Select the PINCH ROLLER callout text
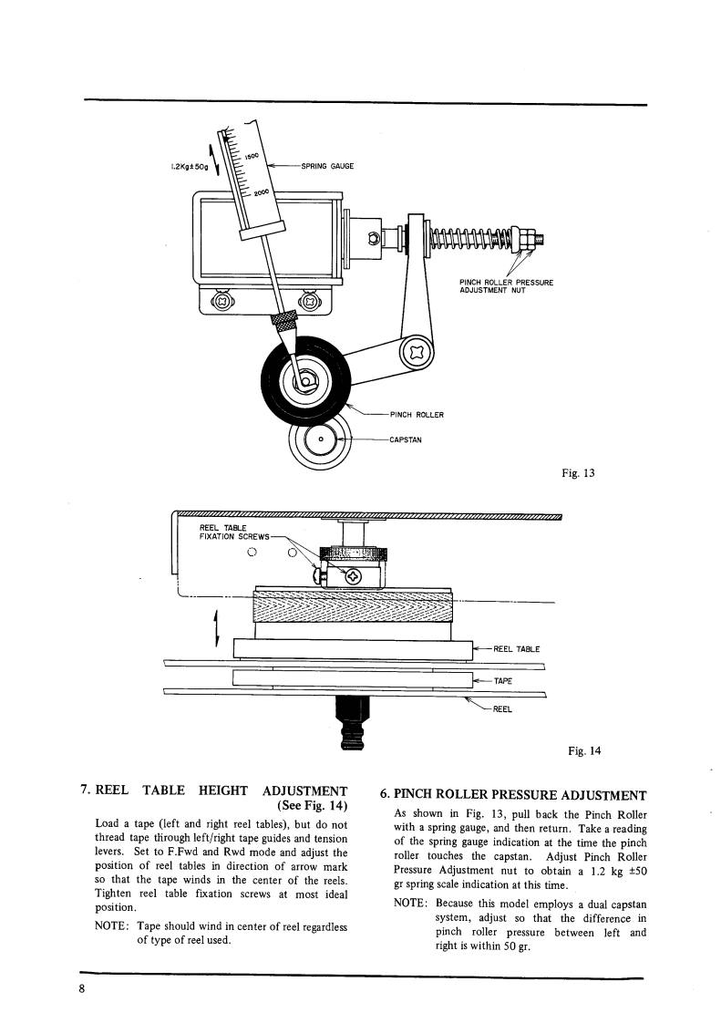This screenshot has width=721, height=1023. point(416,415)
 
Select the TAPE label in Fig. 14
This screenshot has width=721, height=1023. point(504,680)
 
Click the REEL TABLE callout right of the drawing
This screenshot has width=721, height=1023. point(517,649)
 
